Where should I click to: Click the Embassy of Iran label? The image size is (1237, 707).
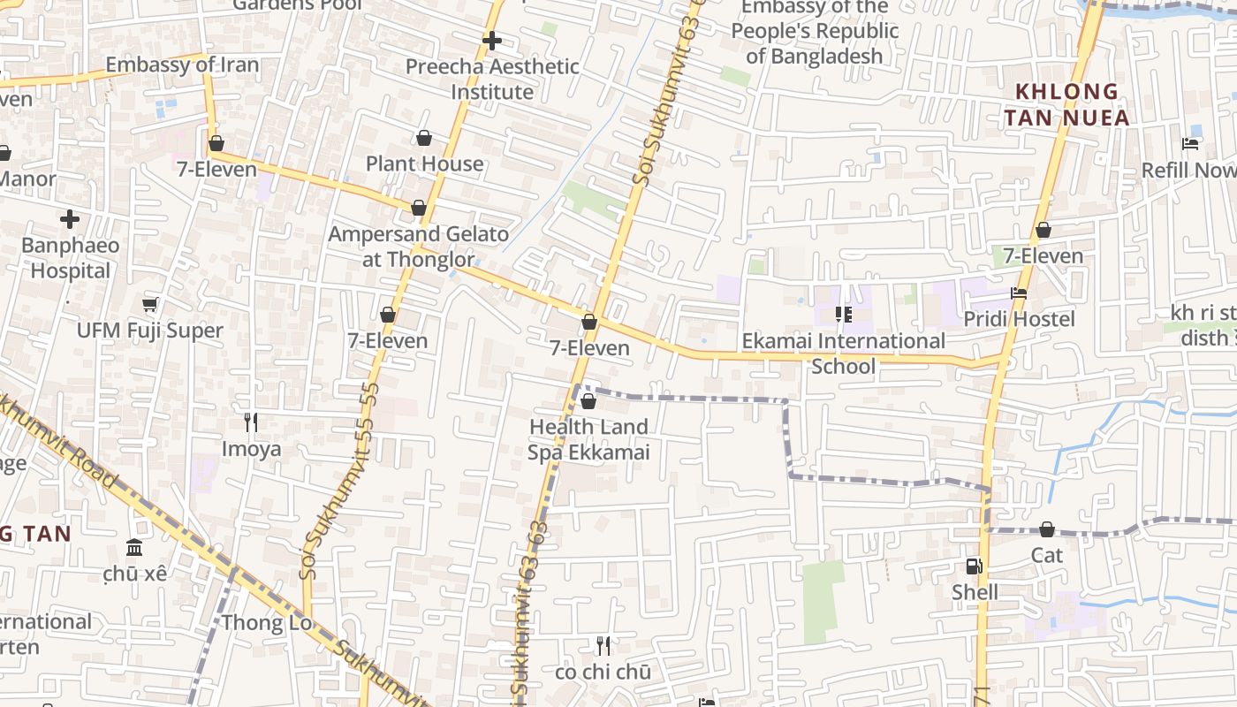point(182,65)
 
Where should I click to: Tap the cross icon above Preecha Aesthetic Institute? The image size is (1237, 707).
point(492,40)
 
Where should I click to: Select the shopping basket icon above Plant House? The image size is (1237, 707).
point(424,138)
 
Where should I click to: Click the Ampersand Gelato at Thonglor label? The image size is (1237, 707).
point(418,247)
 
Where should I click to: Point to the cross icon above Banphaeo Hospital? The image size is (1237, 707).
point(70,219)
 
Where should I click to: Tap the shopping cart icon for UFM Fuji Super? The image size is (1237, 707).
point(149,304)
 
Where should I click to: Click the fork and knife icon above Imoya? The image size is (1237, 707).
point(251,422)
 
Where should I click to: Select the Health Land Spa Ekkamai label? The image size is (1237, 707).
point(588,439)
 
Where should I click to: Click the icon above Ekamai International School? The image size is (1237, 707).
point(843,315)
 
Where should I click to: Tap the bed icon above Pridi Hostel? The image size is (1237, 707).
point(1019,293)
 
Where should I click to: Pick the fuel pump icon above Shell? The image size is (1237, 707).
point(973,566)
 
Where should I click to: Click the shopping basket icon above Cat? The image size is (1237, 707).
point(1047,529)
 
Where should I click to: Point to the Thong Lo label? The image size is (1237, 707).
point(266,622)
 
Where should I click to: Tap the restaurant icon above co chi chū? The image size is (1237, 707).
point(603,645)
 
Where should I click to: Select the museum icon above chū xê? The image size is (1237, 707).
point(134,548)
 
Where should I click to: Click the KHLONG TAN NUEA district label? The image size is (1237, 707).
point(1066,104)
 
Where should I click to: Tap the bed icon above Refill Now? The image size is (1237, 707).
point(1190,144)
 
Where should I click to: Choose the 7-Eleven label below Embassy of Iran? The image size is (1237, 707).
point(216,169)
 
